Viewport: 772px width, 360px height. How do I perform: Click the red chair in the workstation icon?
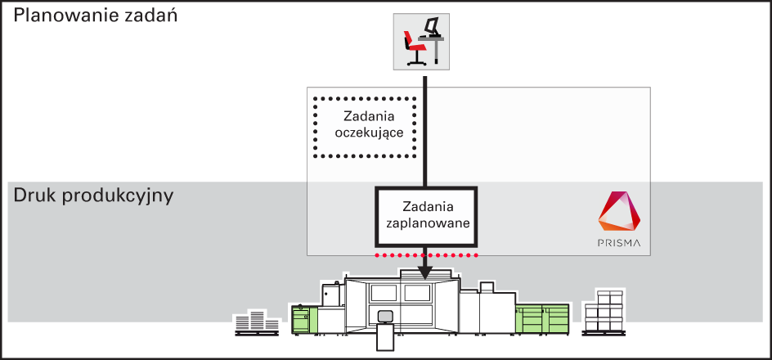414,47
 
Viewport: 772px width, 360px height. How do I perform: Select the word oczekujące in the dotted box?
365,133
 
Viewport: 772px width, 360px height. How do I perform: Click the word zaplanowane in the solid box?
426,223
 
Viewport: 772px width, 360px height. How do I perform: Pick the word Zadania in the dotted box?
365,117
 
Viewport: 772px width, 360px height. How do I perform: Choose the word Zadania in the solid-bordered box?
426,206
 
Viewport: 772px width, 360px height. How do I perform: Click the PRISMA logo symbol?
619,212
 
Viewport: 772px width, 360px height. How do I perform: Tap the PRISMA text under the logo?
619,243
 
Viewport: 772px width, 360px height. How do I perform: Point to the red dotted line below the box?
426,255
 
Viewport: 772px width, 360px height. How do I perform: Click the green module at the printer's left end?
304,318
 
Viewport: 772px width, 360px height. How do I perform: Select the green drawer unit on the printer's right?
542,317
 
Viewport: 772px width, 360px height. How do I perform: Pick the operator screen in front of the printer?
384,316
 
